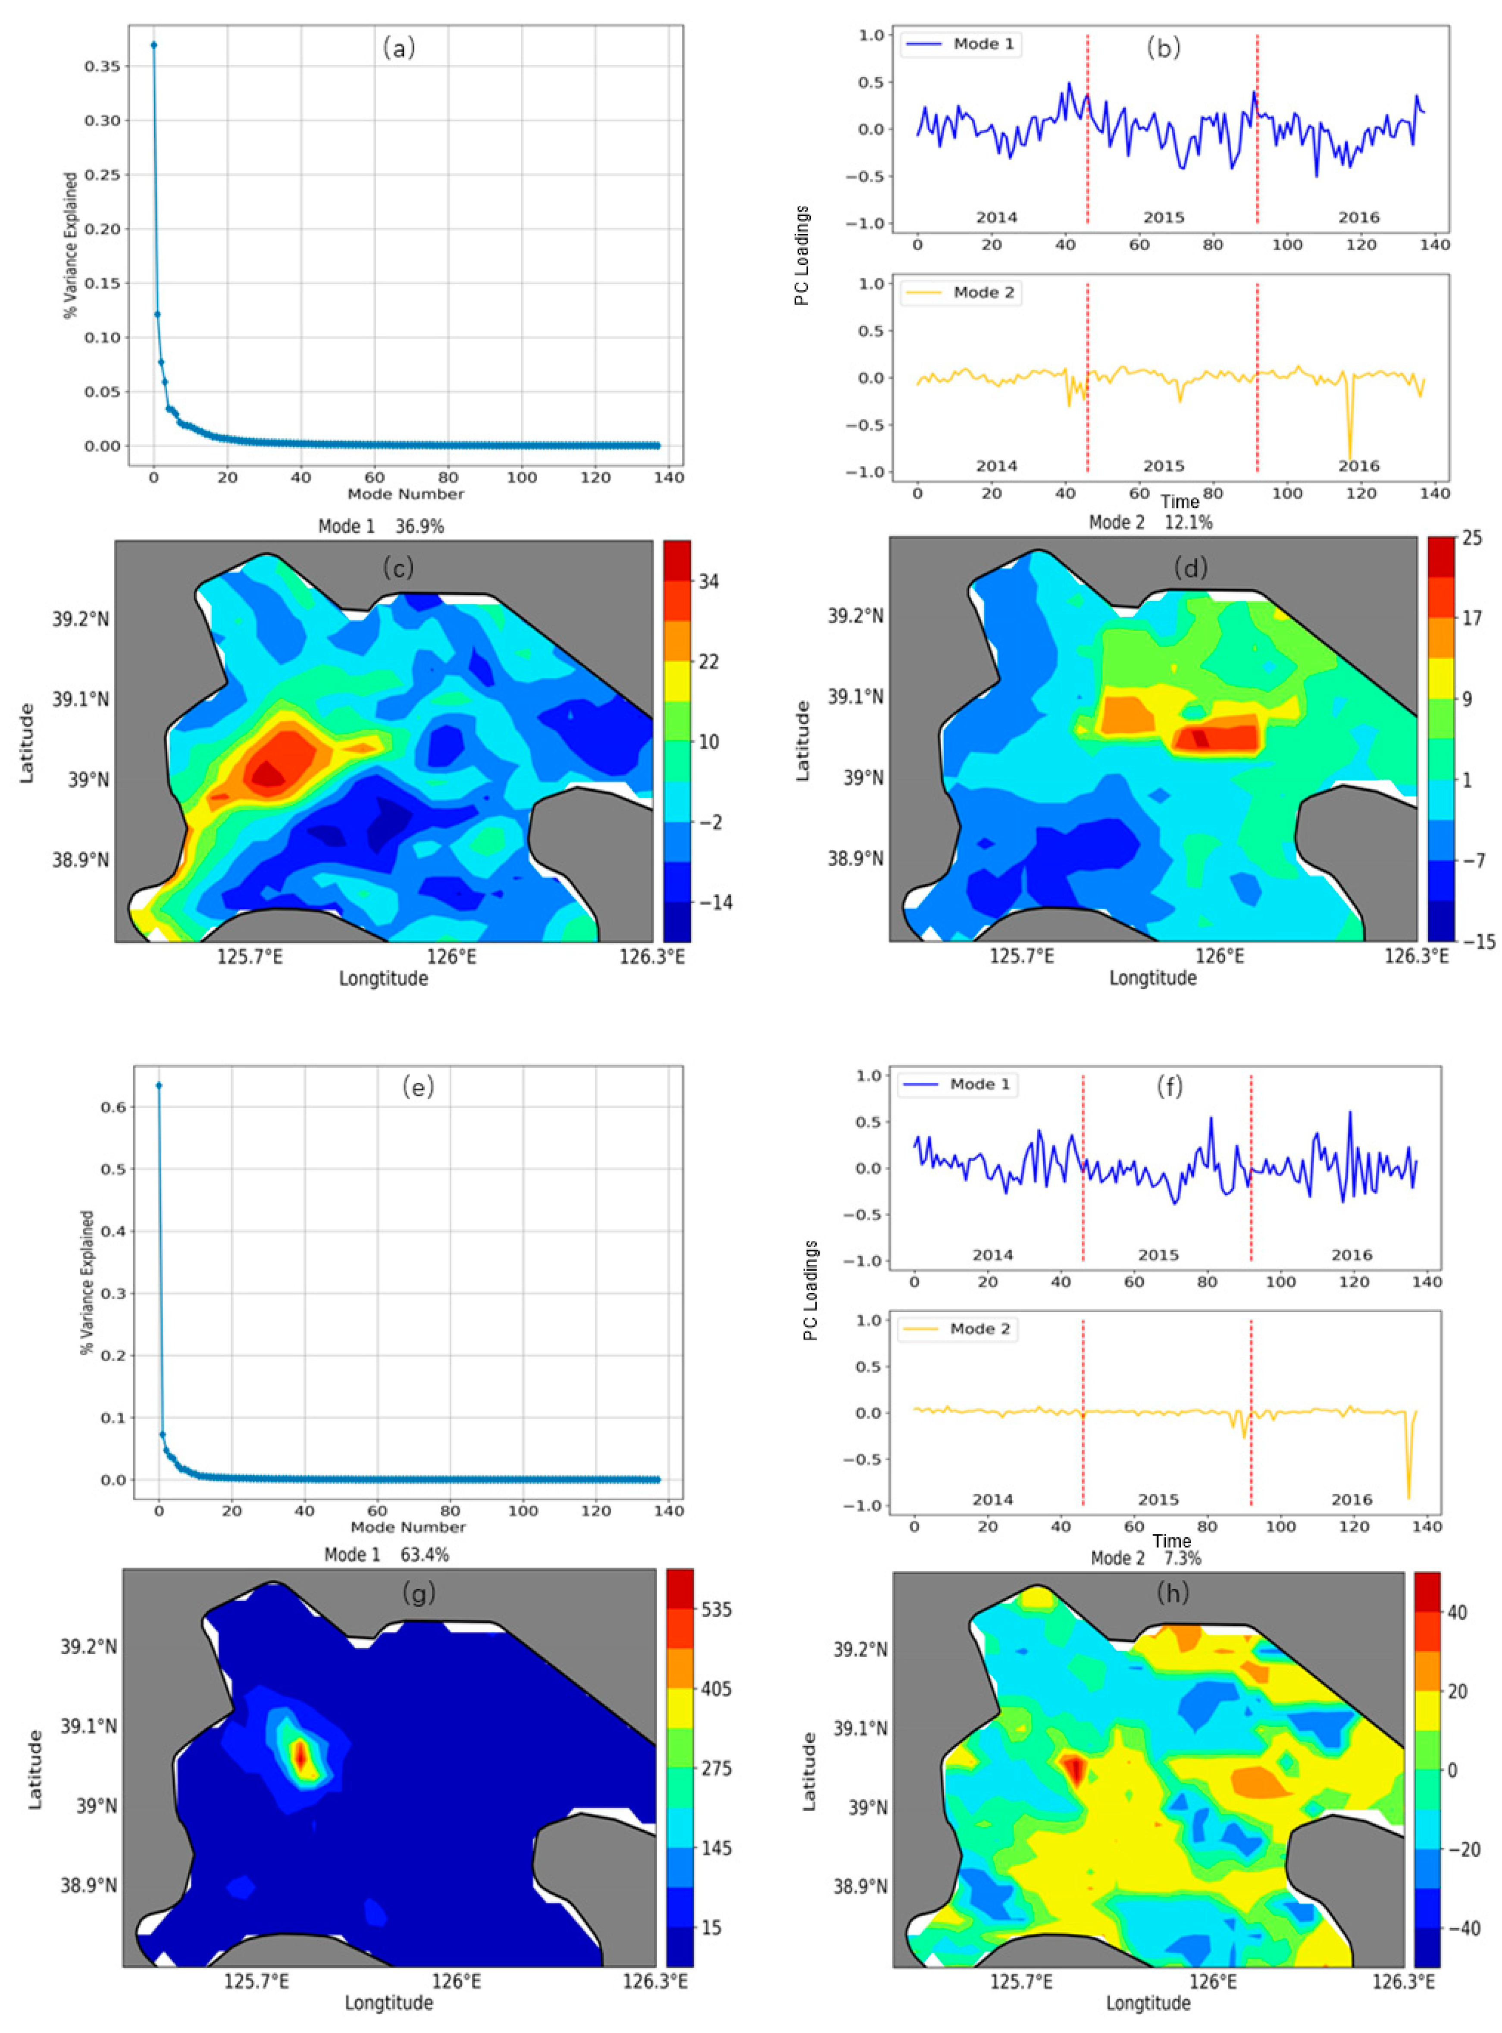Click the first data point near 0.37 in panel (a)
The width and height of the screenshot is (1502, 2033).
[x=153, y=44]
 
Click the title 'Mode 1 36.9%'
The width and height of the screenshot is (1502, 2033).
[x=381, y=526]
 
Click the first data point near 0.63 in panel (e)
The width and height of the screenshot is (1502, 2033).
[x=159, y=1085]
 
